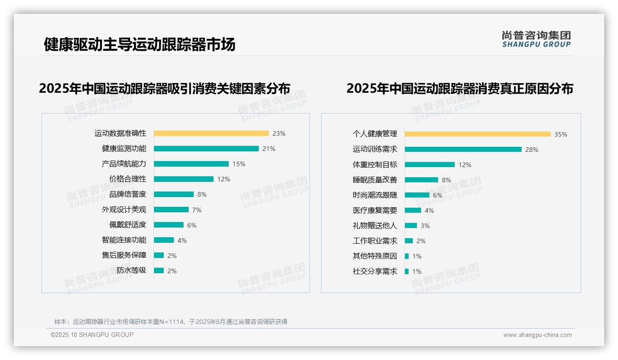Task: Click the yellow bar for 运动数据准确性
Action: tap(211, 133)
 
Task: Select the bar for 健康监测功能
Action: tap(206, 149)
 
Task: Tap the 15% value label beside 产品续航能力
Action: tap(239, 164)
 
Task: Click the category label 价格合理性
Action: tap(128, 179)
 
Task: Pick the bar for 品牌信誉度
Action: tap(174, 194)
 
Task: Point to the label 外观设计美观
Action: tap(124, 210)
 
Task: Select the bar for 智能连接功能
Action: tap(164, 240)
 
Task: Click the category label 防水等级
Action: tap(131, 270)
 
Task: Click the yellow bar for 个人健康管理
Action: tap(478, 134)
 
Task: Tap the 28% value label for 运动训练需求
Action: tap(532, 150)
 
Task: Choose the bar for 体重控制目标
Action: tap(430, 165)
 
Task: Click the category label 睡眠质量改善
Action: tap(375, 180)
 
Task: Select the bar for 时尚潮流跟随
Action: tap(417, 195)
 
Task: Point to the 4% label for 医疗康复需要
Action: tap(429, 210)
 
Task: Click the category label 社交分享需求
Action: tap(375, 271)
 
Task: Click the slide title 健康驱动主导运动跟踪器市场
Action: tap(139, 45)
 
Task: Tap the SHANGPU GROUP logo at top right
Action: tap(536, 39)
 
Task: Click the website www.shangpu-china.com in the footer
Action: tap(537, 335)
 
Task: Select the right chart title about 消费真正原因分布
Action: tap(460, 89)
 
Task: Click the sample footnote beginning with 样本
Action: tap(171, 322)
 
